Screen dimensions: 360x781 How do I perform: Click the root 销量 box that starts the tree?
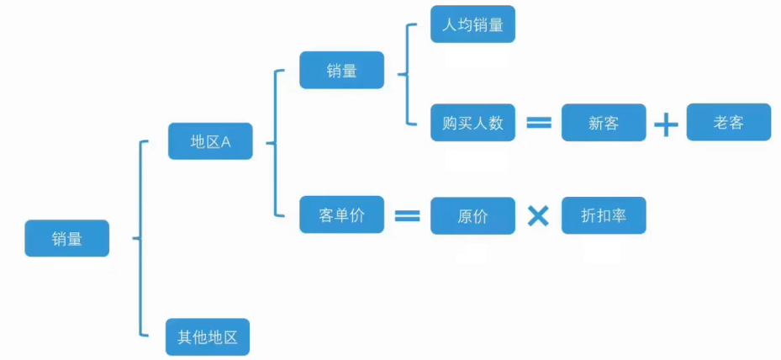[66, 238]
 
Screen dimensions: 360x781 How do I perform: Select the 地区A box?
[210, 141]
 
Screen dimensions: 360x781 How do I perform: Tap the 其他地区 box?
[208, 337]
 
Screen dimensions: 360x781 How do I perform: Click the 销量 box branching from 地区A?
[341, 71]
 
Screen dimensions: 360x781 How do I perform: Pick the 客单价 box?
[341, 215]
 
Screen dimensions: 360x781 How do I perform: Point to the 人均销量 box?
[472, 24]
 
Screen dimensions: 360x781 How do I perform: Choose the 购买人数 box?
[472, 123]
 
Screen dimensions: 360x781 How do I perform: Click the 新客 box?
[604, 123]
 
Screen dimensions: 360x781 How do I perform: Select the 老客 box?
[728, 123]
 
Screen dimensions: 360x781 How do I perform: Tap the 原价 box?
[472, 216]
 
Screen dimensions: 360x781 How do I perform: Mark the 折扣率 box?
[604, 215]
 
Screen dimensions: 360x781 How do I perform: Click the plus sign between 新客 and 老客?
[666, 124]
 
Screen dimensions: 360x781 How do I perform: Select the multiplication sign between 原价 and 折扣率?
[538, 216]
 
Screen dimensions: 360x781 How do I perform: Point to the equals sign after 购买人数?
[538, 123]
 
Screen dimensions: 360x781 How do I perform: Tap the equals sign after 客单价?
[407, 216]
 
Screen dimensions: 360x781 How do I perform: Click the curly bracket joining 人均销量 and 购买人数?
[406, 74]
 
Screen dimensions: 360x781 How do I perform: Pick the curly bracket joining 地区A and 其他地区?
[140, 239]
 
